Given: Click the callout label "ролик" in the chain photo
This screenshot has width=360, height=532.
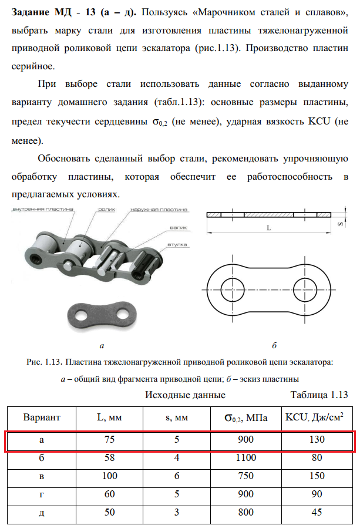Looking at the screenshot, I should [x=106, y=209].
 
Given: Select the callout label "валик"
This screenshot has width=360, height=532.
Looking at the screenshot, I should [x=178, y=227].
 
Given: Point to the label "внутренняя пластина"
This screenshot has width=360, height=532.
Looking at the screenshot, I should [x=41, y=209].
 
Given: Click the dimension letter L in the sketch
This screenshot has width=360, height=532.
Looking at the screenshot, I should [x=268, y=227].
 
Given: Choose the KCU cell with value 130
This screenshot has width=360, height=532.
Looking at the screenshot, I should [x=317, y=440].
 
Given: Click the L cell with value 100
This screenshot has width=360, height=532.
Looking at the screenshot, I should [x=110, y=476].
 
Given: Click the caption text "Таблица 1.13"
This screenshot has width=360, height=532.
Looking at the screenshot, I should [x=319, y=395].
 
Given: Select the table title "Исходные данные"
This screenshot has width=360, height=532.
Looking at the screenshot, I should [x=185, y=395].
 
